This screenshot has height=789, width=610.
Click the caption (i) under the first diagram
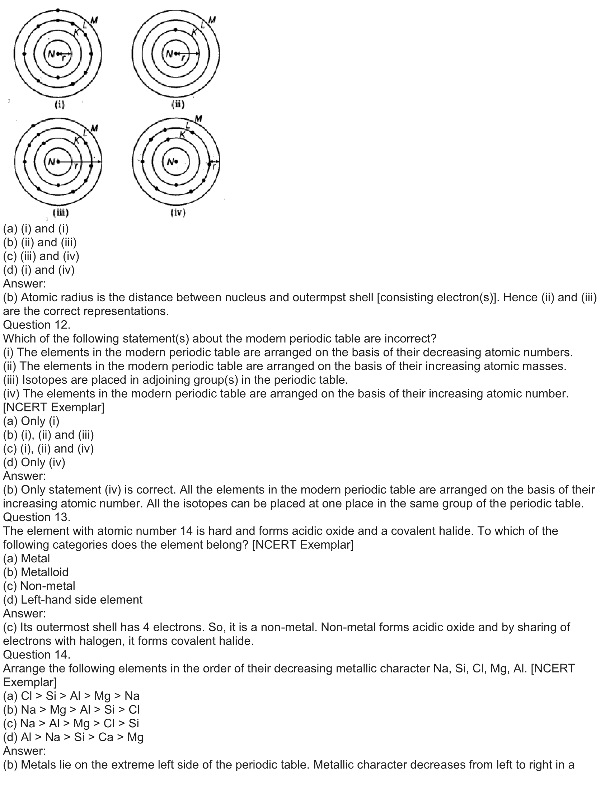coord(60,105)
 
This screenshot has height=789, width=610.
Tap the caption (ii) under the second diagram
coord(177,105)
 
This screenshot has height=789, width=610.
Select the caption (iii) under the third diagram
coord(60,212)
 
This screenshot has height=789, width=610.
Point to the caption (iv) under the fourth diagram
coord(177,212)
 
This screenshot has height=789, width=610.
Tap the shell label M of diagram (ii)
coord(212,20)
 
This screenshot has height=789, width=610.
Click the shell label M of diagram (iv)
coord(198,118)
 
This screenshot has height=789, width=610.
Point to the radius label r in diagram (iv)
coord(214,167)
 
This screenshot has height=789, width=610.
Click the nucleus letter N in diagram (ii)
coord(169,54)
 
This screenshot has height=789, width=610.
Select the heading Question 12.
coord(37,325)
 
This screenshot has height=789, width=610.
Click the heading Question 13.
coord(37,517)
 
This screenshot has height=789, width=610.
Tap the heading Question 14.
coord(37,654)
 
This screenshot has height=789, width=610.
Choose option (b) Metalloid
coord(36,572)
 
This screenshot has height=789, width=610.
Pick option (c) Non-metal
coord(39,586)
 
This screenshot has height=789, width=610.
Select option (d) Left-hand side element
coord(72,599)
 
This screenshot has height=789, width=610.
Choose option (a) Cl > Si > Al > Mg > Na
coord(71,695)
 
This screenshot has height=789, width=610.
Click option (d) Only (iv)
coord(34,462)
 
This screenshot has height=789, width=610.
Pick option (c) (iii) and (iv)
coord(41,256)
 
